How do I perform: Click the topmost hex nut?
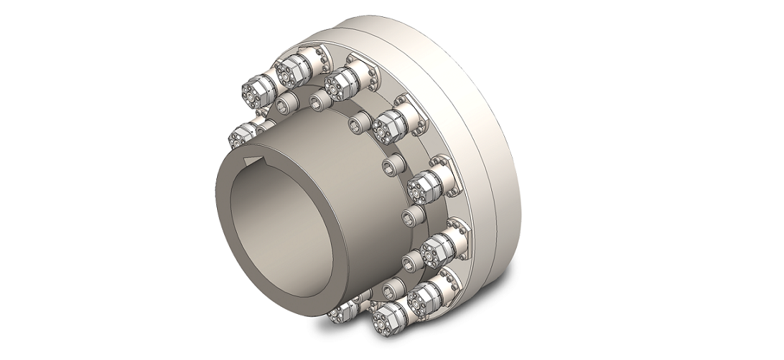[289, 68]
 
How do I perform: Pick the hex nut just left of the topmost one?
[252, 92]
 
